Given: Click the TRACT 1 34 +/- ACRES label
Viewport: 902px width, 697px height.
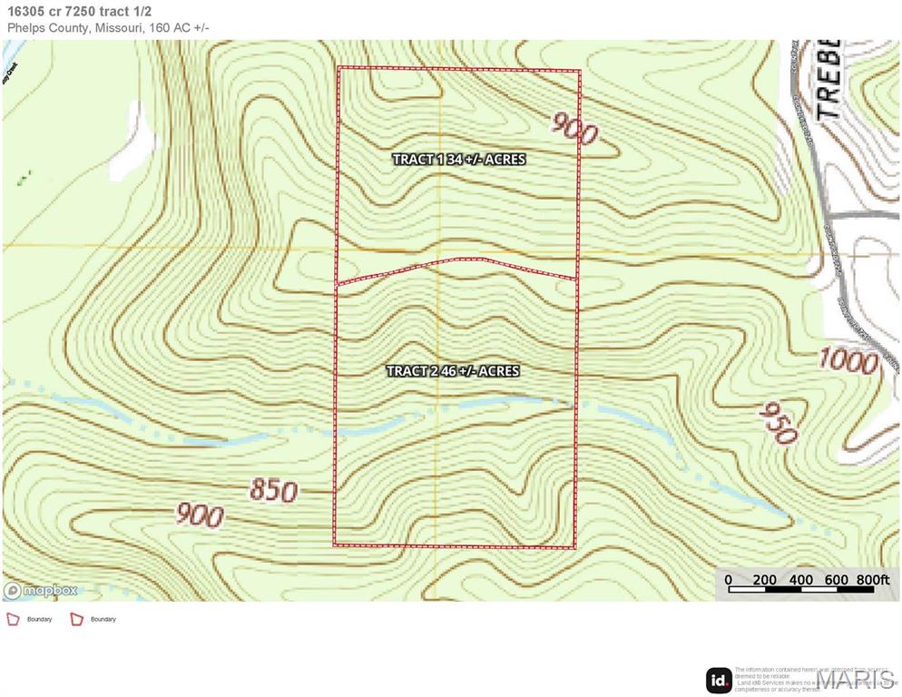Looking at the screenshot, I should click(458, 159).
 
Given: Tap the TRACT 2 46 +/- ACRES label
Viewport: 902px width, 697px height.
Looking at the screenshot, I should click(453, 371).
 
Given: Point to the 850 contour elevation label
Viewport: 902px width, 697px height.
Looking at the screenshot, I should click(272, 491).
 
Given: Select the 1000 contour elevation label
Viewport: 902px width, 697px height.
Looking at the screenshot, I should click(848, 360).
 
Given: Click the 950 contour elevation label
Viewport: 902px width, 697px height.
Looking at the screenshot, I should click(778, 421).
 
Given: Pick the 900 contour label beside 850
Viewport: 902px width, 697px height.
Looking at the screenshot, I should click(199, 515).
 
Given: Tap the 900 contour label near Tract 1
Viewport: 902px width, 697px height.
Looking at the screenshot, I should click(574, 129).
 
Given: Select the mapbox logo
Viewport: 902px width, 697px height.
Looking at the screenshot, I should click(41, 590).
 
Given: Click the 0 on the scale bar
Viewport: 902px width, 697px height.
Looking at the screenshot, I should click(728, 580).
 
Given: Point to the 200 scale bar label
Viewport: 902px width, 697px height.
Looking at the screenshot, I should click(765, 580).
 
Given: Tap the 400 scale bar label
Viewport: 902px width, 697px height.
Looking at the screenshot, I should click(801, 580).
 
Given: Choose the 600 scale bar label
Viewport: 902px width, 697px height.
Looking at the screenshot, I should click(837, 580).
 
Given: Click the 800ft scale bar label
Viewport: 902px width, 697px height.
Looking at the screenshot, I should click(873, 580).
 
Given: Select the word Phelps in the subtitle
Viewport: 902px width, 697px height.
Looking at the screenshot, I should click(27, 28).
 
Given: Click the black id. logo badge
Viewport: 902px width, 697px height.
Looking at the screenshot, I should click(719, 680).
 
